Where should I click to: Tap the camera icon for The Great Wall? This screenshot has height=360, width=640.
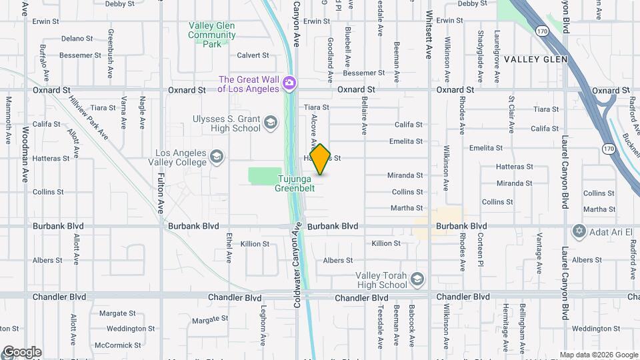click(289, 83)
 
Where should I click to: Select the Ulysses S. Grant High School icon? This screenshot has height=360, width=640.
click(270, 123)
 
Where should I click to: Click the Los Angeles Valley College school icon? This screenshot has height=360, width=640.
click(217, 157)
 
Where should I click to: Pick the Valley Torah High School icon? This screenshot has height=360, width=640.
click(418, 279)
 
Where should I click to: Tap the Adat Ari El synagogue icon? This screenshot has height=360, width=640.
click(579, 231)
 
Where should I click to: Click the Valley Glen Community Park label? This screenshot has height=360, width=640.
click(212, 35)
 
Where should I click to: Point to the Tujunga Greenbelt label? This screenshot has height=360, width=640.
click(295, 183)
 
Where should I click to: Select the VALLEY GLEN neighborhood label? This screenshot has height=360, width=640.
click(535, 59)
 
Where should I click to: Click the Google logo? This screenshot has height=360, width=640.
click(22, 352)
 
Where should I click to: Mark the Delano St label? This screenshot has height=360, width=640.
click(77, 39)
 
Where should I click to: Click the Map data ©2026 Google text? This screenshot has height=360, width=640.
click(598, 355)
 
